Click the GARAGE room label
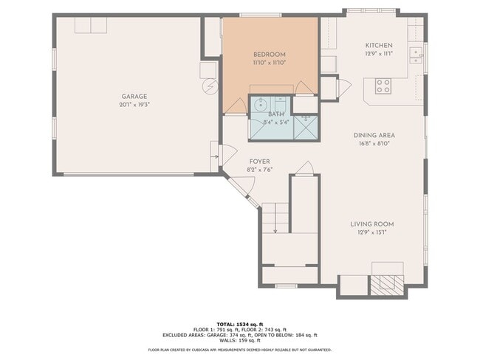point(134,97)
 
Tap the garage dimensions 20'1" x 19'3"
point(134,105)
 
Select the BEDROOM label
point(269,55)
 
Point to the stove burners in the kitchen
point(383,86)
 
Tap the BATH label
point(275,114)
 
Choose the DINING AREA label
point(374,135)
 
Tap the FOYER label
point(259,162)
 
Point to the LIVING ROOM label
point(372,224)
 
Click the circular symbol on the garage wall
point(209,86)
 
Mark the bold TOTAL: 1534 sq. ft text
point(240,325)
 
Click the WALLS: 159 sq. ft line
point(240,340)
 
